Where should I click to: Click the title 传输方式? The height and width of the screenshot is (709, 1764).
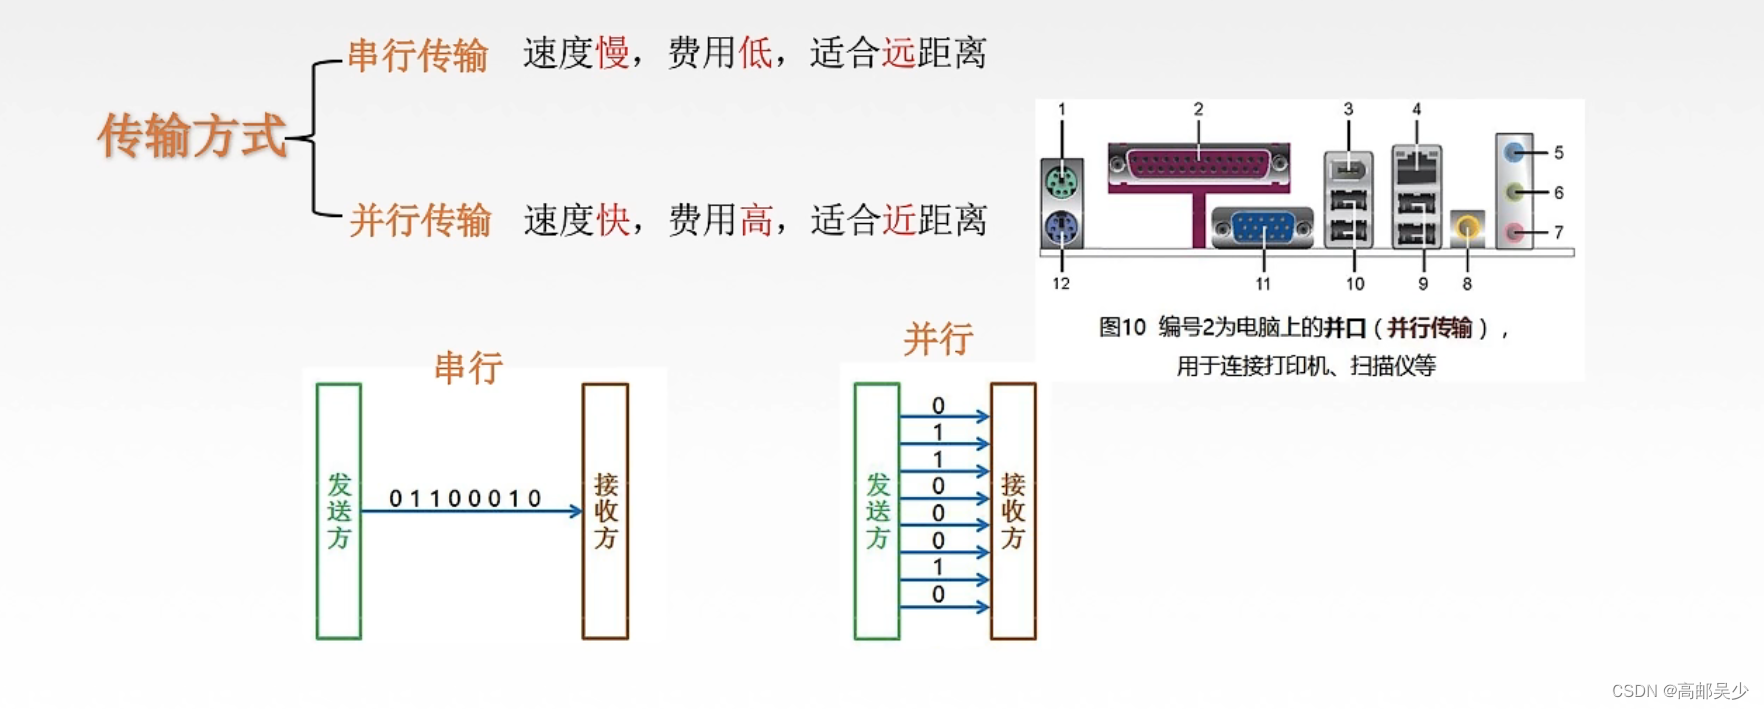point(192,135)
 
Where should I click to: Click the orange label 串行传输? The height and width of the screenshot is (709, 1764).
point(417,55)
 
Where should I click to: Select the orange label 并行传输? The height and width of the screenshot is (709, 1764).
point(420,220)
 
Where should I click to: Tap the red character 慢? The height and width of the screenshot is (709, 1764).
point(613,53)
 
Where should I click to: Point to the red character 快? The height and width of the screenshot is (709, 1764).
point(613,220)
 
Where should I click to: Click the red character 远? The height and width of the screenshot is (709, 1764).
point(898,53)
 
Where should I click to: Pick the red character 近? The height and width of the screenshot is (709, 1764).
point(898,220)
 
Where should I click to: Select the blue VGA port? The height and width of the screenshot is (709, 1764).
point(1262,228)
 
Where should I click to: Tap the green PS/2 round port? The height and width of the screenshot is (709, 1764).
point(1061,183)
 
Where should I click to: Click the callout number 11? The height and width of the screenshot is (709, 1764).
point(1263,284)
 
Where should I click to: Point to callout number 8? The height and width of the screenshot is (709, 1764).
point(1467,284)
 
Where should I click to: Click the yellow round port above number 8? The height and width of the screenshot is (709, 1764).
point(1467,228)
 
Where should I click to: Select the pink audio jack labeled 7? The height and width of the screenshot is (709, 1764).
point(1516,233)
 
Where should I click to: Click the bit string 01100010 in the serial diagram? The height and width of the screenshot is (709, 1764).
point(465,498)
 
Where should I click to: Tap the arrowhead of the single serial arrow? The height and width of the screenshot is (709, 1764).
point(576,511)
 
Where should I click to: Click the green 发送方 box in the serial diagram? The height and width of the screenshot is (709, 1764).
point(339,511)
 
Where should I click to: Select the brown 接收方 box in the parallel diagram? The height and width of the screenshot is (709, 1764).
point(1013,511)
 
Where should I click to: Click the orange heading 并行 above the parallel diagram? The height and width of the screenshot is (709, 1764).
point(937,340)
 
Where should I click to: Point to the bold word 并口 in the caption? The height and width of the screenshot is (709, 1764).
point(1345,328)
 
